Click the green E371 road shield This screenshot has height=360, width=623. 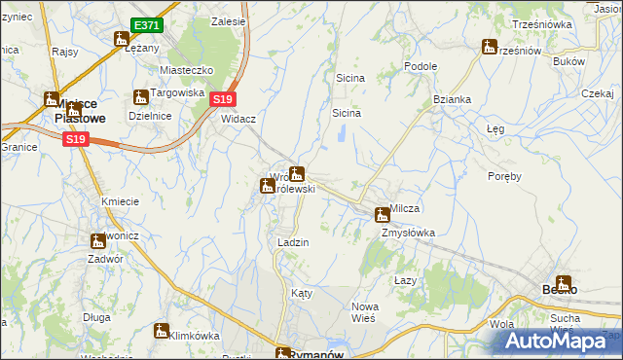[x=147, y=24]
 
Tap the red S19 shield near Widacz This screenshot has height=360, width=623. [x=223, y=99]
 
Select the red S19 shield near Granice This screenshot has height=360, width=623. [x=76, y=140]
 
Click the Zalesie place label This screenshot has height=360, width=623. [x=230, y=20]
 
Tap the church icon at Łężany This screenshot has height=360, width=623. [x=122, y=40]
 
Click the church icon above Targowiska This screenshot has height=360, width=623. [x=141, y=97]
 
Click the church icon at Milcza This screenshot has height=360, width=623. [x=383, y=214]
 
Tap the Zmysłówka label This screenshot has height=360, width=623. [x=408, y=234]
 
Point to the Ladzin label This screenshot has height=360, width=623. [x=293, y=243]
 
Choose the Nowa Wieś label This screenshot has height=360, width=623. [x=365, y=313]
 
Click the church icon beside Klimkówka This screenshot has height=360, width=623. [x=161, y=331]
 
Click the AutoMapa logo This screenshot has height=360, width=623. [x=559, y=341]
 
